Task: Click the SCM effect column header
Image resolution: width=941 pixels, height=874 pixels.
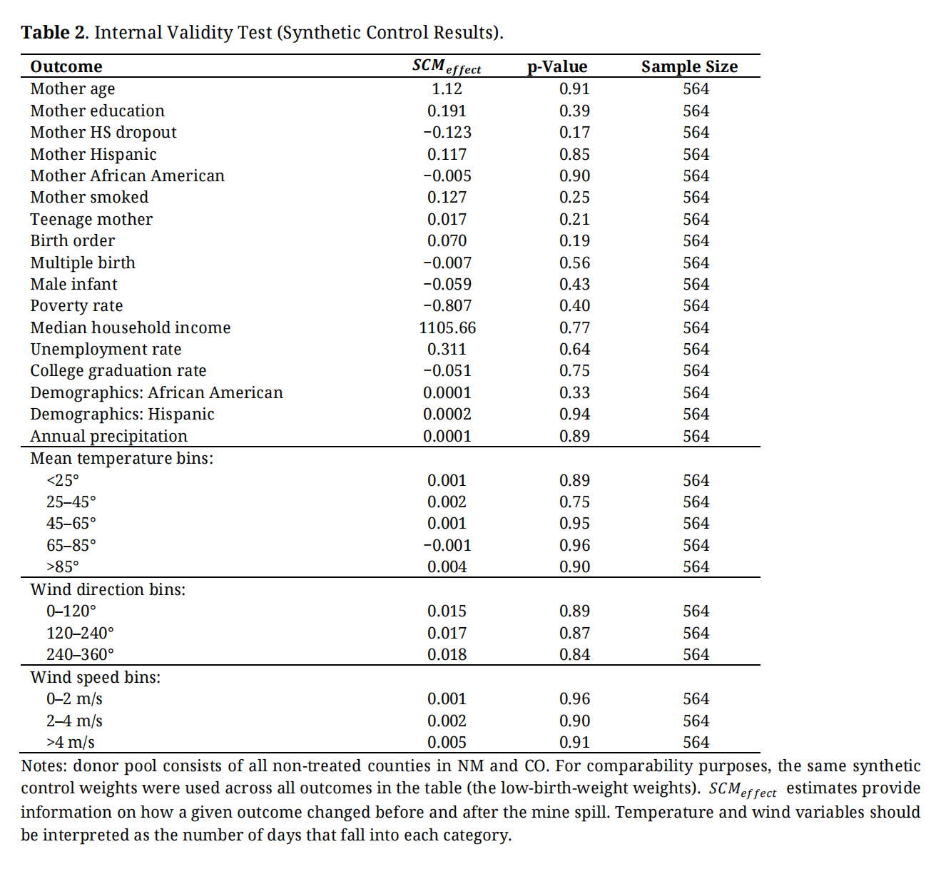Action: pos(447,66)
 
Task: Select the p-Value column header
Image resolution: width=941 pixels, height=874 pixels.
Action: pos(557,66)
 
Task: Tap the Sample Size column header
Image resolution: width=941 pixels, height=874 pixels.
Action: pos(689,66)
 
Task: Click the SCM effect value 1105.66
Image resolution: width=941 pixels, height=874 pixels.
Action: pos(447,327)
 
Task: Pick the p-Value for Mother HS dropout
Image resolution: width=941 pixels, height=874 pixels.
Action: pos(574,132)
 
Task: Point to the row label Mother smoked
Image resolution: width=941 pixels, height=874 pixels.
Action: pos(89,197)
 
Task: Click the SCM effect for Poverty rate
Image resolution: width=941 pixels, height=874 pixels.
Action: pos(447,305)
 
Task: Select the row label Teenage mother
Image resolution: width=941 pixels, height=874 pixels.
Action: pos(91,219)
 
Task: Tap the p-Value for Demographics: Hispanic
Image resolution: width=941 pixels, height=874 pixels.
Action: pos(574,414)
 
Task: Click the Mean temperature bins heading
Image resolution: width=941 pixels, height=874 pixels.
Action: pos(122,458)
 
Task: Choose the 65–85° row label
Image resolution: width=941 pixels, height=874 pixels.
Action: pos(71,545)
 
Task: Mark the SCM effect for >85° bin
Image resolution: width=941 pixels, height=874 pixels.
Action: pos(447,566)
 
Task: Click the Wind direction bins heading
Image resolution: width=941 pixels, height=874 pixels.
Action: pos(108,589)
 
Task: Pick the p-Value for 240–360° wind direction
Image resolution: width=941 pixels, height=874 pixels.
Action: pos(574,654)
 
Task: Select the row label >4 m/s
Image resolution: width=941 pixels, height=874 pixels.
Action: pos(71,742)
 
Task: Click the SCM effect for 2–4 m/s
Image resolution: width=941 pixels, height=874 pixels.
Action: pos(447,721)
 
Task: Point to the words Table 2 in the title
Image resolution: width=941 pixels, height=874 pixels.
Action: pos(54,33)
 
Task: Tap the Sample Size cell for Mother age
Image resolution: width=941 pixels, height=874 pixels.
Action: pos(696,88)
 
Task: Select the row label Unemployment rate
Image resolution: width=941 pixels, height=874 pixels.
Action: pos(106,349)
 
